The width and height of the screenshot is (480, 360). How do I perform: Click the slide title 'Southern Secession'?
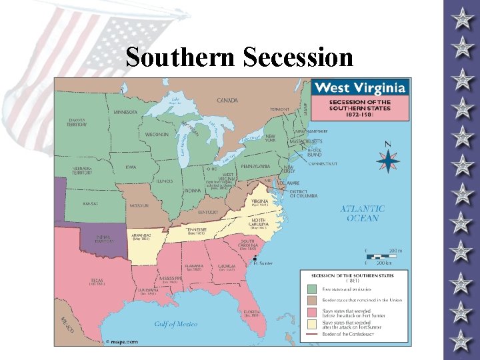(x=239, y=57)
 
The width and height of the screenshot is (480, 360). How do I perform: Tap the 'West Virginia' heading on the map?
(x=359, y=88)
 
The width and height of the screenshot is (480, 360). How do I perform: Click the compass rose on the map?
(x=387, y=160)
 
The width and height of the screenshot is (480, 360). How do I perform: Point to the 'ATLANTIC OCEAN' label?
(x=363, y=213)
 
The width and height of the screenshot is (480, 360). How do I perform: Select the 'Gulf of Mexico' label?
(x=175, y=324)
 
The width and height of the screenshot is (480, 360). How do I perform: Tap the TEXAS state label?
(x=97, y=280)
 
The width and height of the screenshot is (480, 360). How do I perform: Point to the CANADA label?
(x=227, y=101)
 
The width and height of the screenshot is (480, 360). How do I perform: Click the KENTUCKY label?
(x=208, y=211)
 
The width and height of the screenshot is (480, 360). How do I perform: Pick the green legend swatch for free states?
(x=311, y=289)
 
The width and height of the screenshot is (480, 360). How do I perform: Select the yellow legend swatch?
(x=311, y=325)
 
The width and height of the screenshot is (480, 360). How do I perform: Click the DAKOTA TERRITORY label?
(x=77, y=123)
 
